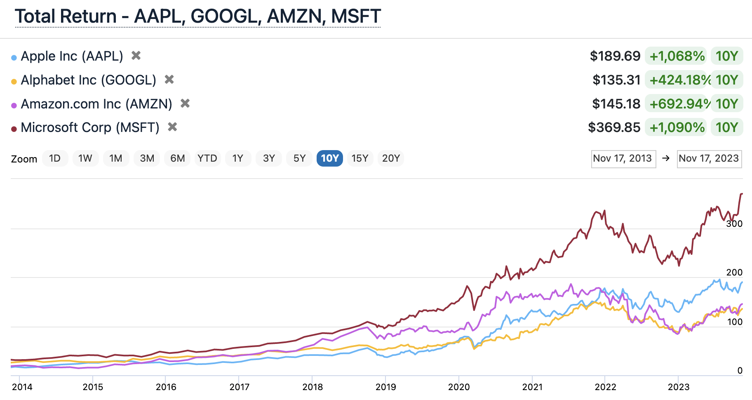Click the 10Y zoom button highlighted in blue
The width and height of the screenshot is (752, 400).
coord(329,158)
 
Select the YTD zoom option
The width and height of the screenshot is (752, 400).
coord(207,158)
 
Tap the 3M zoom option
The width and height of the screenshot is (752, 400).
coord(147,158)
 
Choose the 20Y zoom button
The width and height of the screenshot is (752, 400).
coord(390,158)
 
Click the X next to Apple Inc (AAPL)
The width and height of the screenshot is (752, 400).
coord(136,55)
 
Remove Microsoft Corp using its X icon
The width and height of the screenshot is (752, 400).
coord(172,127)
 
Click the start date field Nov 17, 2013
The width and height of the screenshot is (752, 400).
coord(623,159)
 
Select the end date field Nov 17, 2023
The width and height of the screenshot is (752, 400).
coord(709,159)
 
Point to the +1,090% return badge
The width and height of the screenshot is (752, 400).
coord(677,127)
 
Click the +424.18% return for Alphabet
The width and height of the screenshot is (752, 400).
coord(678,80)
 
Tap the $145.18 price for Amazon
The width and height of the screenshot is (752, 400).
coord(616,104)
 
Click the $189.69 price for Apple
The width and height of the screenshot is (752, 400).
coord(615,56)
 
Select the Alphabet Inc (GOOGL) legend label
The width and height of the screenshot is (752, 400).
coord(88,80)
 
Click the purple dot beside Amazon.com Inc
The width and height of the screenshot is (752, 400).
coord(14,106)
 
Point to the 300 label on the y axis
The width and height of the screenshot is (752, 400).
coord(734,224)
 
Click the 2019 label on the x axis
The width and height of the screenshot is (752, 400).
coord(385,387)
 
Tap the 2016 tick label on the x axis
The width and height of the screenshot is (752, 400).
coord(166,387)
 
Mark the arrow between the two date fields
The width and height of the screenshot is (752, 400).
coord(666,159)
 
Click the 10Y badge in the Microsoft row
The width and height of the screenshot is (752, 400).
coord(726,127)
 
